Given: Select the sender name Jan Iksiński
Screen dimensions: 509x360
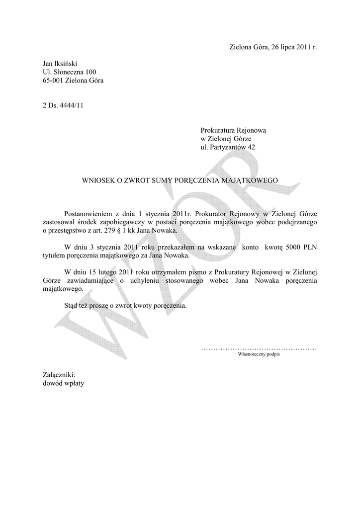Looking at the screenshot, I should pos(60,64).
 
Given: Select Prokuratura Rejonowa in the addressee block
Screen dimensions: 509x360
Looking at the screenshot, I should pos(233,130).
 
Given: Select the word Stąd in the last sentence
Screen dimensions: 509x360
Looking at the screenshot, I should pos(72,306).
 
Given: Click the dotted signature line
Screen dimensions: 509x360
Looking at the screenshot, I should pos(259,349).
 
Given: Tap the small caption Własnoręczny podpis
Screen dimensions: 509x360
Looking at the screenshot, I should pos(259,355).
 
